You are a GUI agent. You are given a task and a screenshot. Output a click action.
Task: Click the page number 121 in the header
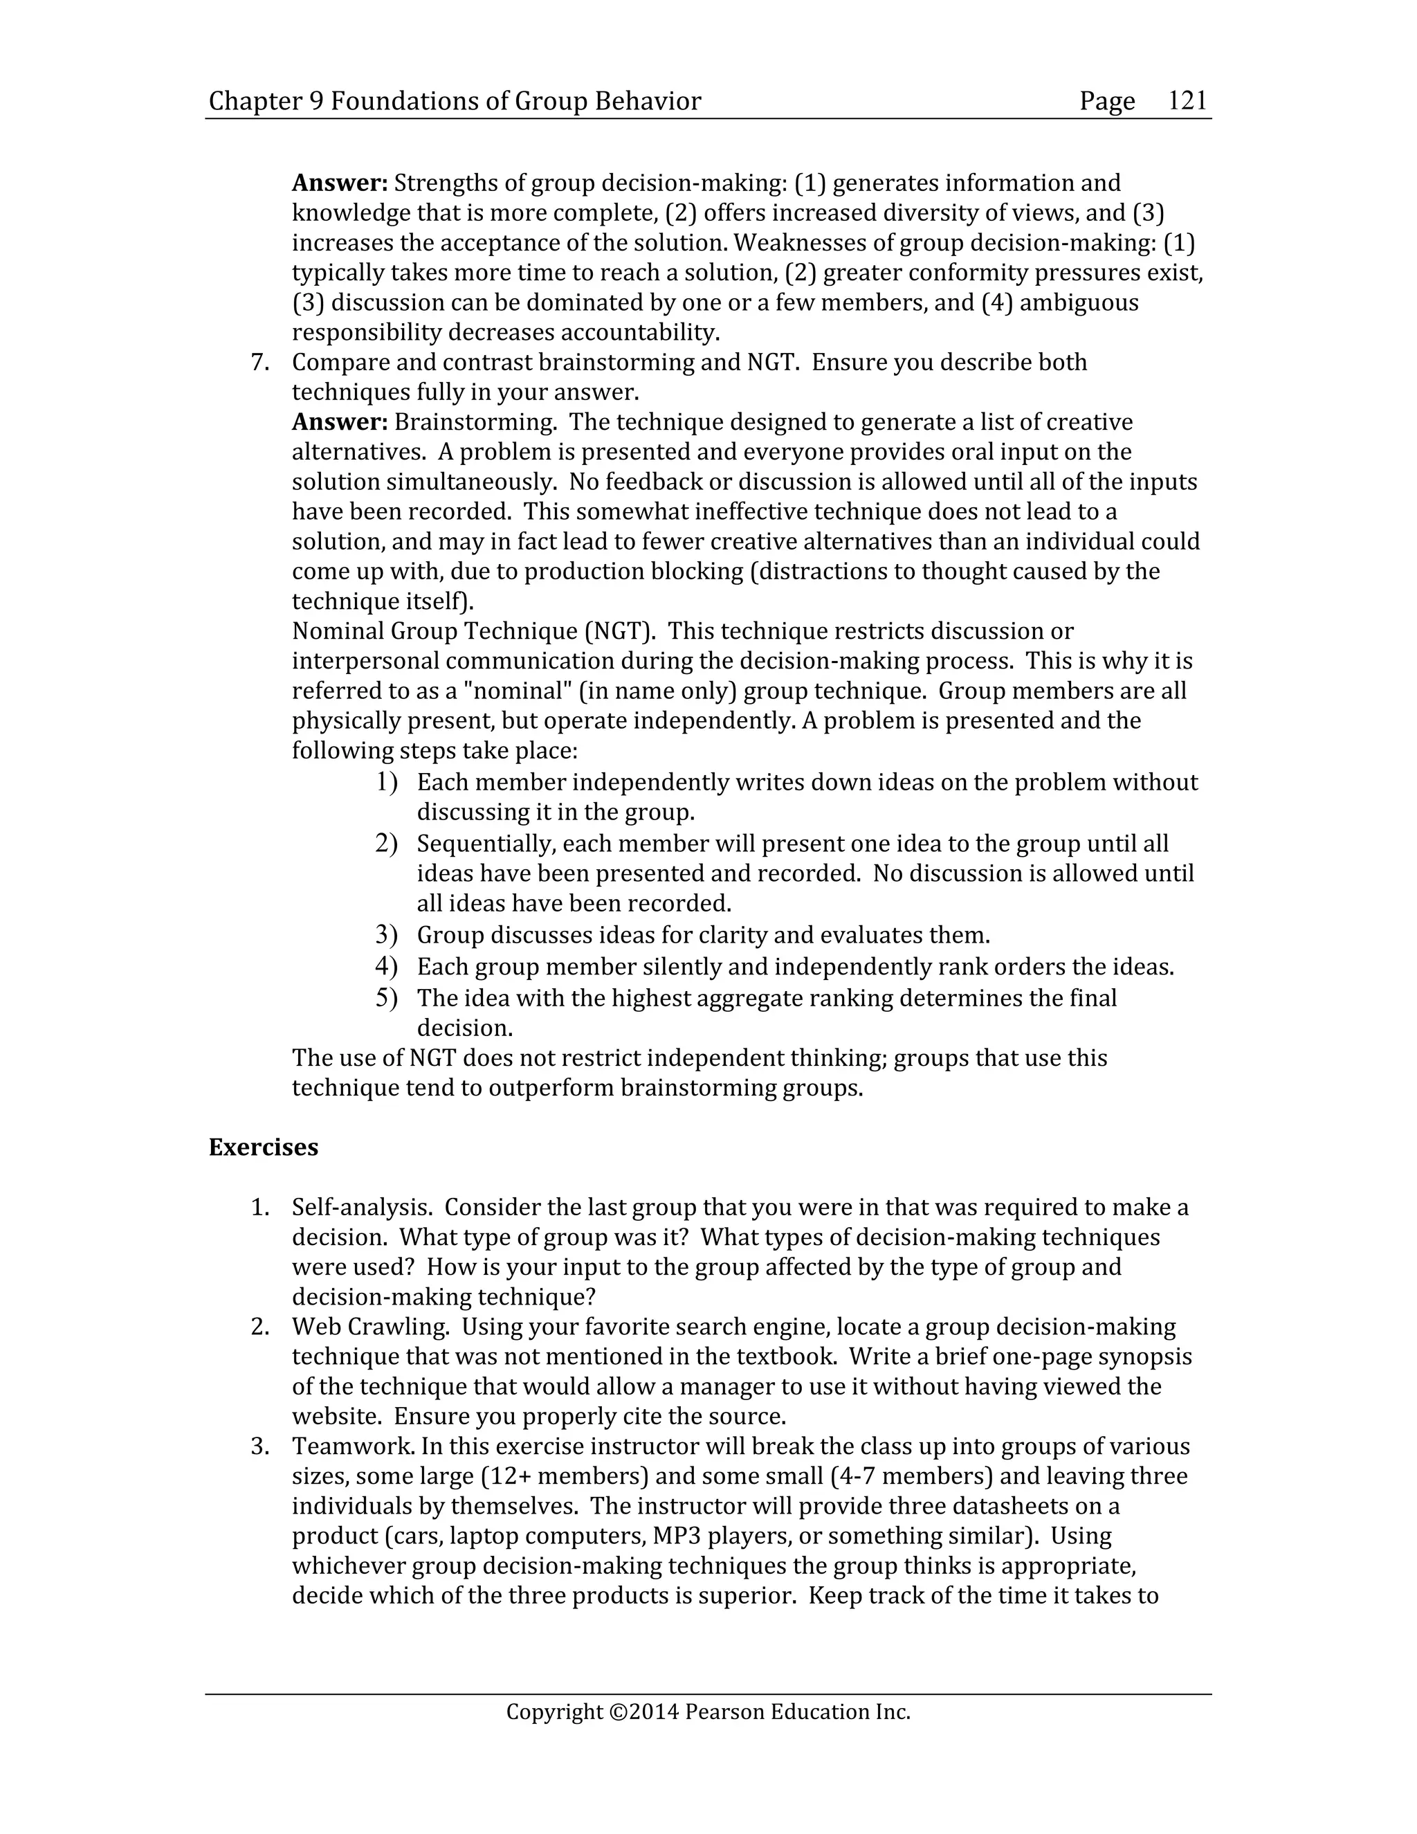click(x=1187, y=101)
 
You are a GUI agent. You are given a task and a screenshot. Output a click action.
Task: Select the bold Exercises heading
click(x=263, y=1147)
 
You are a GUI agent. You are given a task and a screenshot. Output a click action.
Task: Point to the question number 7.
click(x=259, y=363)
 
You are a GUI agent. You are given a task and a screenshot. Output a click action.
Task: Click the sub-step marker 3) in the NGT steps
click(x=385, y=934)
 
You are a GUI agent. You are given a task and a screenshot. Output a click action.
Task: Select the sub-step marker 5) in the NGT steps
click(x=385, y=999)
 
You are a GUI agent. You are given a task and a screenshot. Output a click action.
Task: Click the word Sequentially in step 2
click(x=486, y=844)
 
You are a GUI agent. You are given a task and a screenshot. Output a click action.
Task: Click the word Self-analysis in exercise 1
click(x=362, y=1208)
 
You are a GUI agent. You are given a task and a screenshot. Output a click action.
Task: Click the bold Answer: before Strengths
click(x=340, y=183)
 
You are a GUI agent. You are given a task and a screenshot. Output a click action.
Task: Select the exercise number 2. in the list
click(x=259, y=1327)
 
